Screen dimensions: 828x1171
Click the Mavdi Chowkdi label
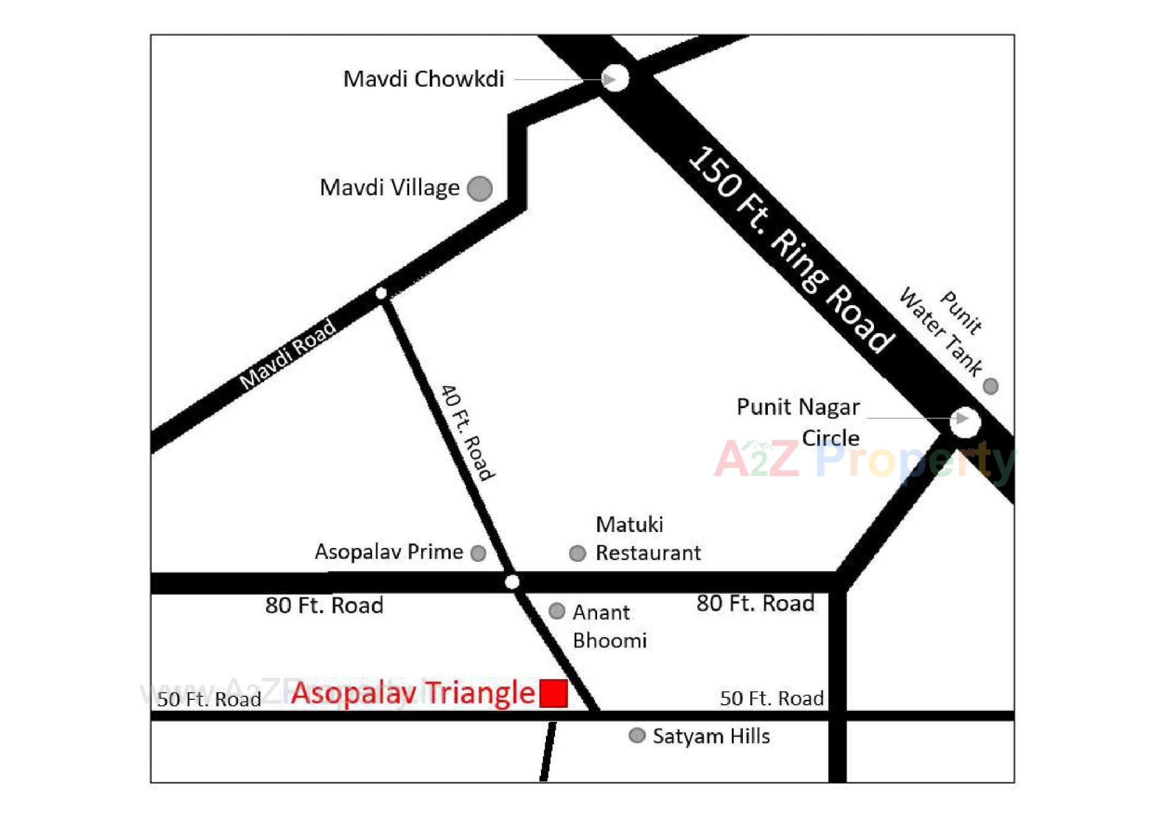(423, 79)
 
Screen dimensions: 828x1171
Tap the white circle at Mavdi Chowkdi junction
(616, 78)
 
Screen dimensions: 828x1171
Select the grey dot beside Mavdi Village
(480, 189)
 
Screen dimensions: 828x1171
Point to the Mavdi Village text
(389, 187)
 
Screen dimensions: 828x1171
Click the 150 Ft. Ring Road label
(791, 249)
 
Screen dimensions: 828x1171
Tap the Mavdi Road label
(287, 354)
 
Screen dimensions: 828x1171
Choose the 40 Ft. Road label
(468, 433)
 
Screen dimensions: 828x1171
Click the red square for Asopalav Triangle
(554, 693)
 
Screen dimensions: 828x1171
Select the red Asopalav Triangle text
(413, 693)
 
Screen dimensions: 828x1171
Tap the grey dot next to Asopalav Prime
(479, 553)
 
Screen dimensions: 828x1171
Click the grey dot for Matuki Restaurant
(578, 553)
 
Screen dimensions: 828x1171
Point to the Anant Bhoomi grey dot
(557, 611)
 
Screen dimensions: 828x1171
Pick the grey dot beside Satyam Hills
(637, 735)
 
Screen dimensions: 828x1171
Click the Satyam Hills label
(711, 736)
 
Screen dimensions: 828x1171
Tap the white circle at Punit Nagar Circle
(965, 422)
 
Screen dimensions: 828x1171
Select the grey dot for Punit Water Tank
(990, 386)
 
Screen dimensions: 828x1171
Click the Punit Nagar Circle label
(798, 422)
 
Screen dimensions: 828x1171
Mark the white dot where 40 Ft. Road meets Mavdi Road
(382, 293)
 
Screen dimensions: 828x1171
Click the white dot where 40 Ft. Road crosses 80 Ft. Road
(512, 582)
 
